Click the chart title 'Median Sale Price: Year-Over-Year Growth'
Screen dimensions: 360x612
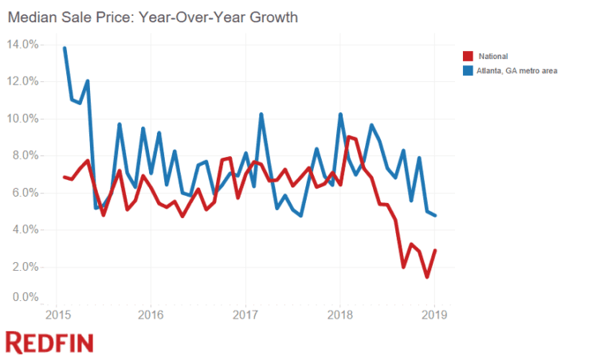[x=152, y=17]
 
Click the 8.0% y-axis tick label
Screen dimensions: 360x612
[x=24, y=155]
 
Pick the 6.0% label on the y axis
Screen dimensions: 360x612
[x=24, y=193]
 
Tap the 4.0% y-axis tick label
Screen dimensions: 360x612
[x=24, y=229]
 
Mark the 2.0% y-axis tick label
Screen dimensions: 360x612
[x=24, y=267]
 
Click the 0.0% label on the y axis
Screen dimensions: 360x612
[x=24, y=298]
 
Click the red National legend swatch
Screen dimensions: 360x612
[x=469, y=56]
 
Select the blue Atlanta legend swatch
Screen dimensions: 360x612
[x=469, y=71]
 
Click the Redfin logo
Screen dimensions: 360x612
[x=49, y=342]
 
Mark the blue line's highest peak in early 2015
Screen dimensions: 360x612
[x=65, y=49]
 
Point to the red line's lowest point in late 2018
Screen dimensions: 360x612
[x=427, y=277]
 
